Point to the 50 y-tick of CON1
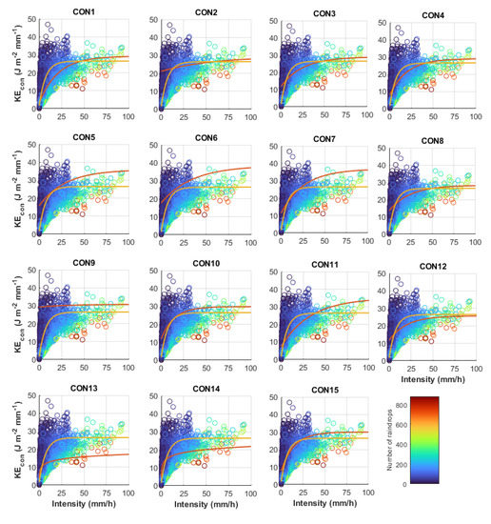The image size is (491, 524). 31,19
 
